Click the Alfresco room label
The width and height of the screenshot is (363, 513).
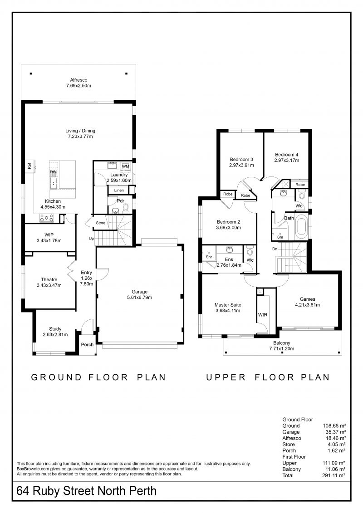[78, 80]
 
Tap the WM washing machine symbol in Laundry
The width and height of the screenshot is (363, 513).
[125, 166]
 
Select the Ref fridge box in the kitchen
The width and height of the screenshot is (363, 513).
[29, 166]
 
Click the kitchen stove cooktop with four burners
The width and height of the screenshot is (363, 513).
[47, 218]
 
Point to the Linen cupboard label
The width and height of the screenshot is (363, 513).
[119, 191]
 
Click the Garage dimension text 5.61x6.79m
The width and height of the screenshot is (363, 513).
[140, 298]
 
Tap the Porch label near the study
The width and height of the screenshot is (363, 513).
[88, 345]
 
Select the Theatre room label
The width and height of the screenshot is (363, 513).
[49, 279]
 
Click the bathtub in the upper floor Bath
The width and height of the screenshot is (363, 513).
[301, 227]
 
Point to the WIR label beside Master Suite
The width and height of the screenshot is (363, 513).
[263, 315]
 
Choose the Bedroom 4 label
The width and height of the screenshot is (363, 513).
[287, 154]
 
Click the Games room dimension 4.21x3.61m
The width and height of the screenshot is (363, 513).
[308, 305]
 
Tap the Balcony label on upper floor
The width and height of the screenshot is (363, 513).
[282, 343]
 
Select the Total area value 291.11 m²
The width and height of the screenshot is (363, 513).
[334, 475]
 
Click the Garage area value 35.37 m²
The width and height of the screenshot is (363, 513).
[335, 432]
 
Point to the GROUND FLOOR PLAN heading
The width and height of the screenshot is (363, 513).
[98, 377]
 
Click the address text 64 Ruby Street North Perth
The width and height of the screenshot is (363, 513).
[86, 491]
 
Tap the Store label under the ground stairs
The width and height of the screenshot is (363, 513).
[101, 223]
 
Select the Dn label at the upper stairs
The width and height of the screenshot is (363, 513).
[275, 249]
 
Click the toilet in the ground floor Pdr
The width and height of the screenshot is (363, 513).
[125, 208]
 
